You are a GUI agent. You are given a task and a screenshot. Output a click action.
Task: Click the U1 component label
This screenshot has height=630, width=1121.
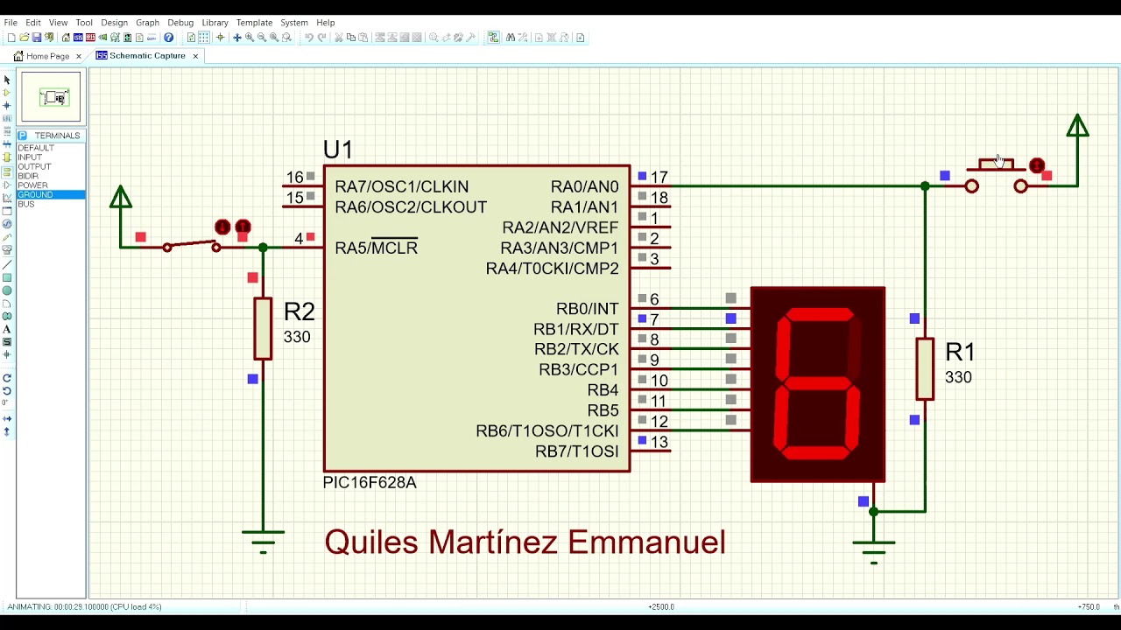tap(338, 150)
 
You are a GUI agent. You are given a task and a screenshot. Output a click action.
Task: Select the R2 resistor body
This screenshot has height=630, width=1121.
tap(263, 328)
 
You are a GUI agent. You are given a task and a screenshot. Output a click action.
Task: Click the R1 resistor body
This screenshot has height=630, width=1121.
tap(925, 368)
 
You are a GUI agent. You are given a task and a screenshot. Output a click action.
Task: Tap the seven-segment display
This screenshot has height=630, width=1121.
tap(818, 384)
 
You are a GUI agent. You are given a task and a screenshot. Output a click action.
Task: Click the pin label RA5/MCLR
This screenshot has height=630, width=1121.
tap(376, 248)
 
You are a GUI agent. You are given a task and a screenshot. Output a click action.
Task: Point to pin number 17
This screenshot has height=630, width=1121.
tap(659, 178)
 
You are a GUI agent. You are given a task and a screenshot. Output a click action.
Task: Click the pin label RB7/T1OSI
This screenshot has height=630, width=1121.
tap(576, 451)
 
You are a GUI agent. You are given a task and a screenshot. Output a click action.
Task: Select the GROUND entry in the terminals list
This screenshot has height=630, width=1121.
tap(36, 194)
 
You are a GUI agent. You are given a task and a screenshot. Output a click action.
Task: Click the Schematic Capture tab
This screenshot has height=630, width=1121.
tap(146, 56)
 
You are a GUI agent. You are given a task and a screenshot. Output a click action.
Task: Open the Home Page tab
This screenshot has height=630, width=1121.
tap(47, 56)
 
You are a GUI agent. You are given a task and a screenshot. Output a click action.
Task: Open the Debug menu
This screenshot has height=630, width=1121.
tap(180, 23)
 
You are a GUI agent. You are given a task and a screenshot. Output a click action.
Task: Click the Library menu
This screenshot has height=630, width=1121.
tap(215, 23)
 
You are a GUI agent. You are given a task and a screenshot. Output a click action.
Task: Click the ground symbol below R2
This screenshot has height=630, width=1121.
tap(263, 537)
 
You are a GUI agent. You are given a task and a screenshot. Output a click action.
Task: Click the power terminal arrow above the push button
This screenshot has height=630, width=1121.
tap(1077, 127)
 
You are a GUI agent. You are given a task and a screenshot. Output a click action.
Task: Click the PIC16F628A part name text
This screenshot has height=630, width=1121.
tap(370, 482)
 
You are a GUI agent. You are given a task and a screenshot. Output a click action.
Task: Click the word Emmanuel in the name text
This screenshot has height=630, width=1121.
tap(646, 542)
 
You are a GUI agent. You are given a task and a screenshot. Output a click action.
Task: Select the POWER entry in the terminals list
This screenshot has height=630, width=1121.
tap(33, 185)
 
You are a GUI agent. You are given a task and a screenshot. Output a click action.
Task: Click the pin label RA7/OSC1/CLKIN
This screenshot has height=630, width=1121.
tap(401, 186)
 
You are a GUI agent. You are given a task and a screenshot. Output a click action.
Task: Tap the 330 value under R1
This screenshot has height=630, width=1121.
tap(958, 377)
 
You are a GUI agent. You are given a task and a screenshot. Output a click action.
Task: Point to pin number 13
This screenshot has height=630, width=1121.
tap(659, 443)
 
